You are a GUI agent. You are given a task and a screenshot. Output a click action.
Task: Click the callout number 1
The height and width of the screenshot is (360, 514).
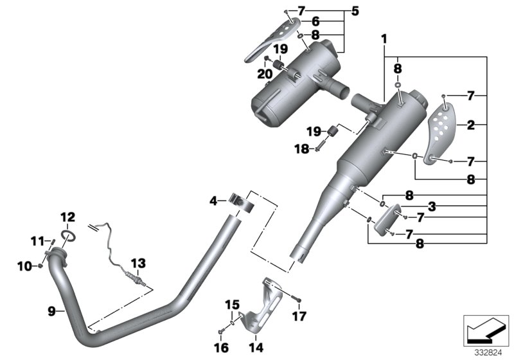(x=384, y=39)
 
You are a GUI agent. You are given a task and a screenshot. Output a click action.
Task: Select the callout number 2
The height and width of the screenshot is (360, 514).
(x=471, y=126)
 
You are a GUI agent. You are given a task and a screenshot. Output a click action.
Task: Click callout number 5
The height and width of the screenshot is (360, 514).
(x=355, y=11)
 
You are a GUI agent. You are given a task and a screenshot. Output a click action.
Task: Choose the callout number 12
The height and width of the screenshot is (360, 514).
(x=68, y=217)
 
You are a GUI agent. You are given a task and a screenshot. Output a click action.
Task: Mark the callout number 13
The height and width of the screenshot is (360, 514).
(x=138, y=263)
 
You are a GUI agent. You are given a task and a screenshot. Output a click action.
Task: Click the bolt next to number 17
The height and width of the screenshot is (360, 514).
(x=294, y=298)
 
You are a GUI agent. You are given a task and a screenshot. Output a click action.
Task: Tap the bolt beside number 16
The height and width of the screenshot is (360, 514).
(x=221, y=330)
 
